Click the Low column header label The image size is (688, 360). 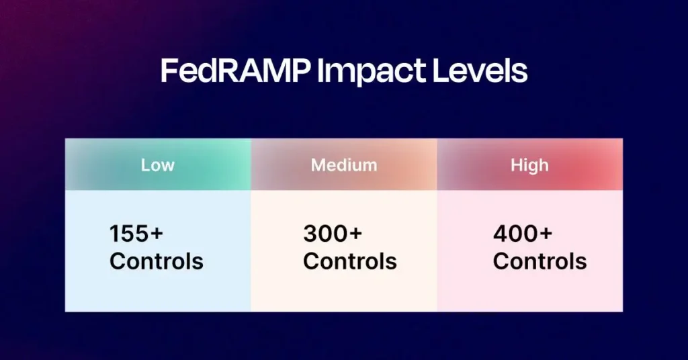click(158, 165)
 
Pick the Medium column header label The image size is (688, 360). click(344, 165)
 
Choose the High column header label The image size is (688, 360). click(529, 165)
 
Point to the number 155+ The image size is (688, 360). click(136, 234)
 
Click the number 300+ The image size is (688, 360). click(333, 234)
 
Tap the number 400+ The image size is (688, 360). click(523, 234)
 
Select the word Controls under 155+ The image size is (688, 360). click(157, 261)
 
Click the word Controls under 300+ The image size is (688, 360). click(350, 261)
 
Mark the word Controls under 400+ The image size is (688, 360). click(540, 261)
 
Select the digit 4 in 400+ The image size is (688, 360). click(501, 234)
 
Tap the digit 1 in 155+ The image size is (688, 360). click(114, 234)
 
